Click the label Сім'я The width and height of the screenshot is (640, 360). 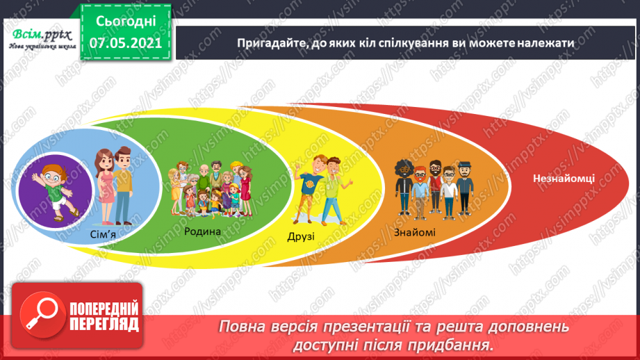pos(103,235)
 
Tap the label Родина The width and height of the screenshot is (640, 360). pos(202,231)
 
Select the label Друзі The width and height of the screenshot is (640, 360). pos(301,237)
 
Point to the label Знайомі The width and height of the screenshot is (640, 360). pos(414,233)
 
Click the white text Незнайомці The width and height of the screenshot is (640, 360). pos(564,179)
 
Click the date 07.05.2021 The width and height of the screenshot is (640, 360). pos(126,43)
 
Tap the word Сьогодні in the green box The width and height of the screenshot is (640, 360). pos(126,22)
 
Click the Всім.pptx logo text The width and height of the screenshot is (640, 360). pos(42,35)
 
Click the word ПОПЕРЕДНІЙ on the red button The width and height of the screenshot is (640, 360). pos(104,309)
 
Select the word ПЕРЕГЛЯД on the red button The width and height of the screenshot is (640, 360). pos(104,325)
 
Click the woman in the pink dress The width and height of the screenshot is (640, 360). pos(104,186)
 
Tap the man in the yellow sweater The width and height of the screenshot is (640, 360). pos(122,186)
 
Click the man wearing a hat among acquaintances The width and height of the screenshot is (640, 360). pos(464,188)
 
